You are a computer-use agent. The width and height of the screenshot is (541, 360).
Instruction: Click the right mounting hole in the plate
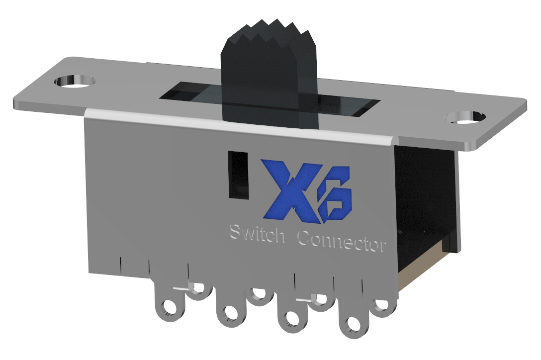(x=465, y=117)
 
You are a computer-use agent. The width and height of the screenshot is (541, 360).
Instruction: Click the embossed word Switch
(x=257, y=234)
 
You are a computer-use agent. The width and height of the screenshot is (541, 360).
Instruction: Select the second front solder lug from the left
(x=229, y=313)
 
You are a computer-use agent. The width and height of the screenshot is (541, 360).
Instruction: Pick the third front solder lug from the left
(x=290, y=319)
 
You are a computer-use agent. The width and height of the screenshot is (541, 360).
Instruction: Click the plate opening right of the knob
(x=348, y=105)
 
